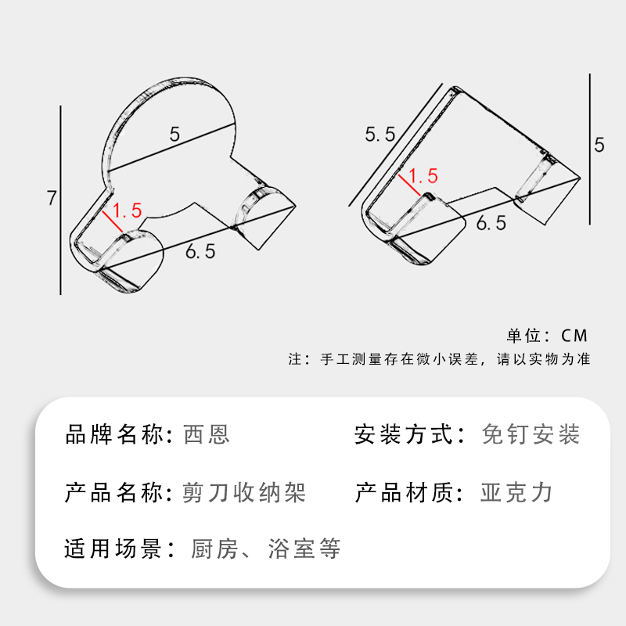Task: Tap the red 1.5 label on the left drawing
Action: tap(127, 211)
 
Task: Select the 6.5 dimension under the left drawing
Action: tap(200, 252)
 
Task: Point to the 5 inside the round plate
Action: tap(174, 134)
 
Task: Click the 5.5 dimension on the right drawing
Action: tap(380, 134)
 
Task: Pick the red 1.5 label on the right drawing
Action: tap(423, 176)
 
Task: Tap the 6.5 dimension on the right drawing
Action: tap(491, 224)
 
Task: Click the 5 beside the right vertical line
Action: tap(599, 145)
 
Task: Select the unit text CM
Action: tap(574, 336)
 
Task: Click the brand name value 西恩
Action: tap(207, 434)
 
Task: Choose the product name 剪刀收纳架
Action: tap(243, 493)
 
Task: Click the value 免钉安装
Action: tap(531, 434)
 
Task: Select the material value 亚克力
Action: tap(516, 493)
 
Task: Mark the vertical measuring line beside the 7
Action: tap(61, 200)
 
